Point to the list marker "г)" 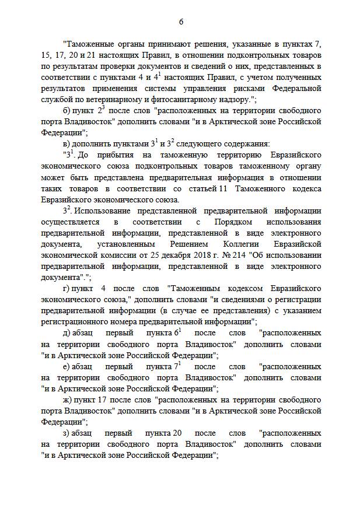67,288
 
